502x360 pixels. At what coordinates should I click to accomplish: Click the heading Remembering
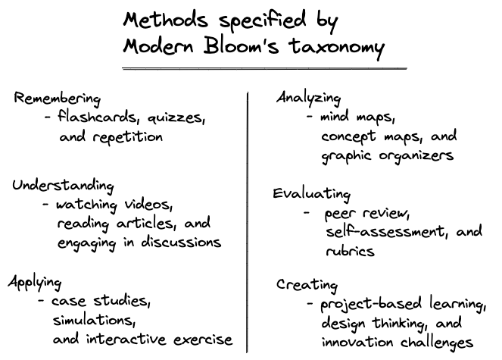tap(57, 99)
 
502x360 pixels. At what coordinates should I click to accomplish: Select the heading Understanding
tap(63, 186)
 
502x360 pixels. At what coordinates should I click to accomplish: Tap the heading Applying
tap(35, 282)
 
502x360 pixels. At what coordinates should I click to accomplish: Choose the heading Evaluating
tap(312, 193)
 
